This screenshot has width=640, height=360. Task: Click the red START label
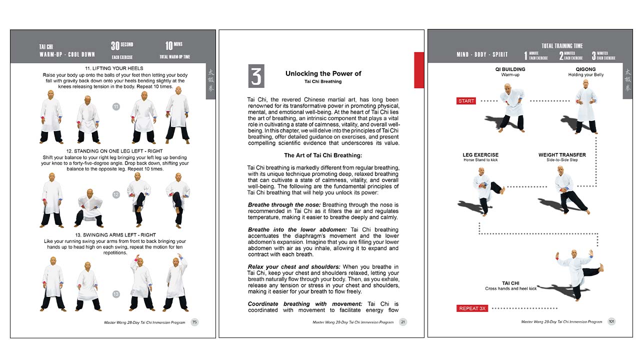466,101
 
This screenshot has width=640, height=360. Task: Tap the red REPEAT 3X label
472,308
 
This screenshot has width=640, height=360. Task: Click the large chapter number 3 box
256,76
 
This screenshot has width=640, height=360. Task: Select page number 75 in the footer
195,322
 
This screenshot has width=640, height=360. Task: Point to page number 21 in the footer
403,322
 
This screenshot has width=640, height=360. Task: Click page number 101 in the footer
611,321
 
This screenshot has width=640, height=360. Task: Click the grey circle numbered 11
116,106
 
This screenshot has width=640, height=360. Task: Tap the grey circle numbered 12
116,194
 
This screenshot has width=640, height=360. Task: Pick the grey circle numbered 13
116,294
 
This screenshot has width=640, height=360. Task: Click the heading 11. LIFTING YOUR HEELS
114,68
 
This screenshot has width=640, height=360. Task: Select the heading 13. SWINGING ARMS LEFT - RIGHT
114,235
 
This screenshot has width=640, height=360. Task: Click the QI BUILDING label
510,69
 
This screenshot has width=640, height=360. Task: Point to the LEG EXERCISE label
480,155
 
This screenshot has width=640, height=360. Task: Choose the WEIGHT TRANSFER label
562,155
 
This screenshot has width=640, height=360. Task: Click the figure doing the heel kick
577,274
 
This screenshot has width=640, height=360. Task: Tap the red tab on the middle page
418,70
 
